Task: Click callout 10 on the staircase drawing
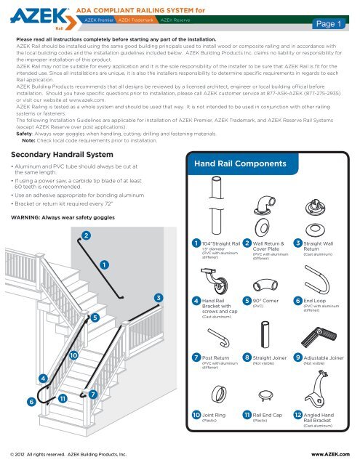tap(74, 355)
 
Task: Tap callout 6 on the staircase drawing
tap(31, 402)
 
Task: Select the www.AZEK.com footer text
tap(332, 453)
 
